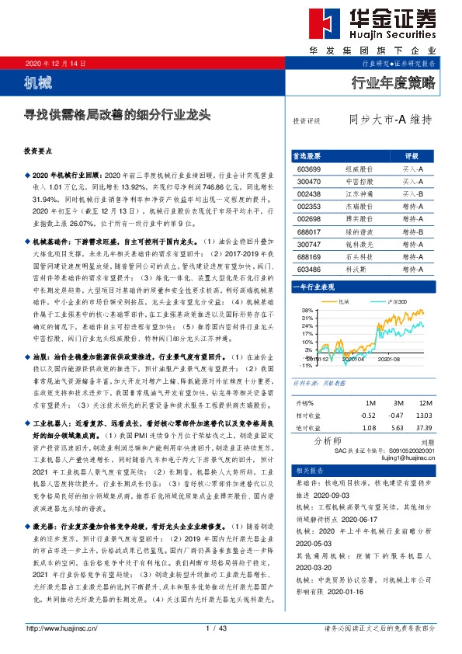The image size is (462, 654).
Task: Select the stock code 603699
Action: [309, 169]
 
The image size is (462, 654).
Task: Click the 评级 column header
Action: [411, 155]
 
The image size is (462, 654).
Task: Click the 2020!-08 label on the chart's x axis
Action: [389, 359]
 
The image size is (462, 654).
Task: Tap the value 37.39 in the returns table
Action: [424, 427]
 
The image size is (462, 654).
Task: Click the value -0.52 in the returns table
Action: [368, 416]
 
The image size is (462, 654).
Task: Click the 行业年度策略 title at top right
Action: [394, 81]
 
